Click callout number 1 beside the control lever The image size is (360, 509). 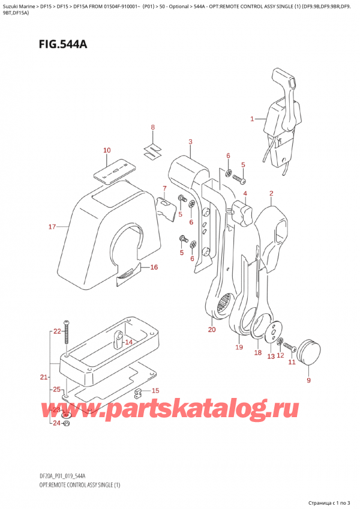pyautogui.click(x=253, y=119)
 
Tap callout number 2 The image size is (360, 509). pyautogui.click(x=272, y=193)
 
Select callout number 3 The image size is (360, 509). pyautogui.click(x=190, y=142)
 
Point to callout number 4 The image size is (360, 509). pyautogui.click(x=245, y=194)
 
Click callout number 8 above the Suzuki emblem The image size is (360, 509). pyautogui.click(x=152, y=127)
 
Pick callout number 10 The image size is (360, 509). pyautogui.click(x=107, y=150)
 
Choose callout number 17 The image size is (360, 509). pyautogui.click(x=52, y=227)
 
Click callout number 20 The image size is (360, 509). pyautogui.click(x=211, y=330)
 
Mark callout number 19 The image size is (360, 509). pyautogui.click(x=239, y=347)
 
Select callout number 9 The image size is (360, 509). pyautogui.click(x=309, y=380)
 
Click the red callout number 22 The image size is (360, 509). pyautogui.click(x=57, y=331)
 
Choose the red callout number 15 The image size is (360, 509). pyautogui.click(x=155, y=391)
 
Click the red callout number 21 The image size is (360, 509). pyautogui.click(x=43, y=377)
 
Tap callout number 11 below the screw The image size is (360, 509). pyautogui.click(x=292, y=362)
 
